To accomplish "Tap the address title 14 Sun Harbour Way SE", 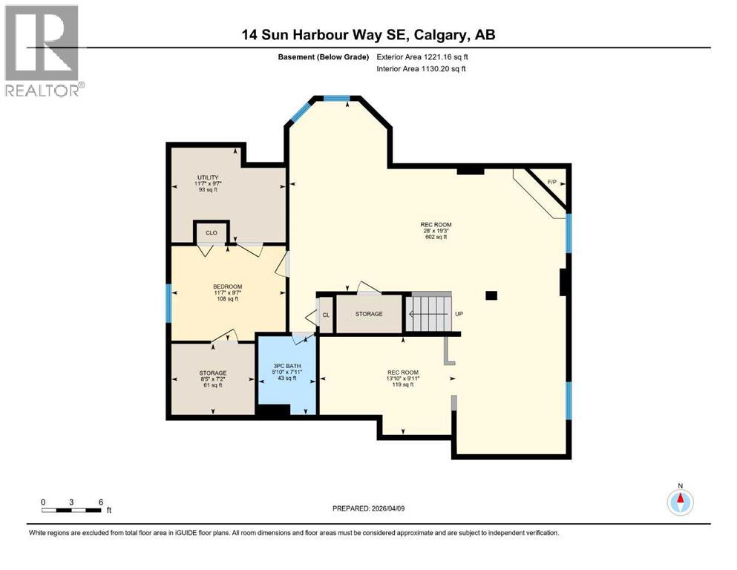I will (369, 34).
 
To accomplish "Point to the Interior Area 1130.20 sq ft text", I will (424, 69).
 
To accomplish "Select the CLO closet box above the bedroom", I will (211, 232).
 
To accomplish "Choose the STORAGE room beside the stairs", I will (369, 314).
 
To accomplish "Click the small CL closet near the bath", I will (326, 315).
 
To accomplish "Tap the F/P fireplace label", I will (552, 183).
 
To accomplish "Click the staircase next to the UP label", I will (429, 313).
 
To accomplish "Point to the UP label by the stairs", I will (459, 314).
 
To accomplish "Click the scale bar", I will (71, 510).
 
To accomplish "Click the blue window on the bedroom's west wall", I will (168, 304).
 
